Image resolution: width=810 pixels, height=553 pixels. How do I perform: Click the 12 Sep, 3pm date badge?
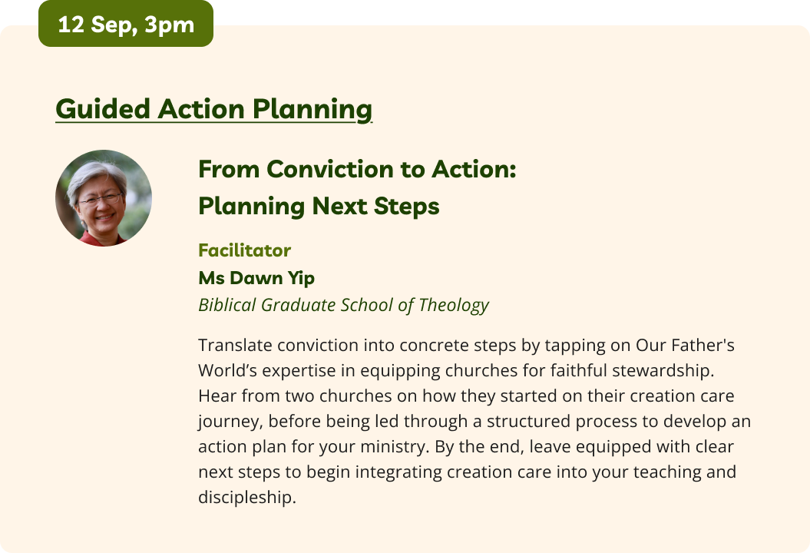click(x=125, y=24)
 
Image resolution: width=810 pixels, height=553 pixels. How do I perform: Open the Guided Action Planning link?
click(x=214, y=109)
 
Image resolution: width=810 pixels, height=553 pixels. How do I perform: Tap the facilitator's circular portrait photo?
click(x=104, y=198)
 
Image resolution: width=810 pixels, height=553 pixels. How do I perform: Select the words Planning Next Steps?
click(x=319, y=206)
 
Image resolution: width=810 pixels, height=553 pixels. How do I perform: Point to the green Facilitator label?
click(x=244, y=250)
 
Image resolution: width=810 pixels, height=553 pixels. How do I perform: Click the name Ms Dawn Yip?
click(x=256, y=278)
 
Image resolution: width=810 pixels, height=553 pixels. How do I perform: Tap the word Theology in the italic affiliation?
click(x=454, y=305)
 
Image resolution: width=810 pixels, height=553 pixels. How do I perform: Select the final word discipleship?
click(x=247, y=498)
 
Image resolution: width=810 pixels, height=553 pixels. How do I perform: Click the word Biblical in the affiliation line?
click(x=227, y=305)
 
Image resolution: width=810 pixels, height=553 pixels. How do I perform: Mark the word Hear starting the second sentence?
click(x=217, y=396)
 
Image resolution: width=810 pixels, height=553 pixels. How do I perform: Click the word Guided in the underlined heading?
click(x=104, y=109)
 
